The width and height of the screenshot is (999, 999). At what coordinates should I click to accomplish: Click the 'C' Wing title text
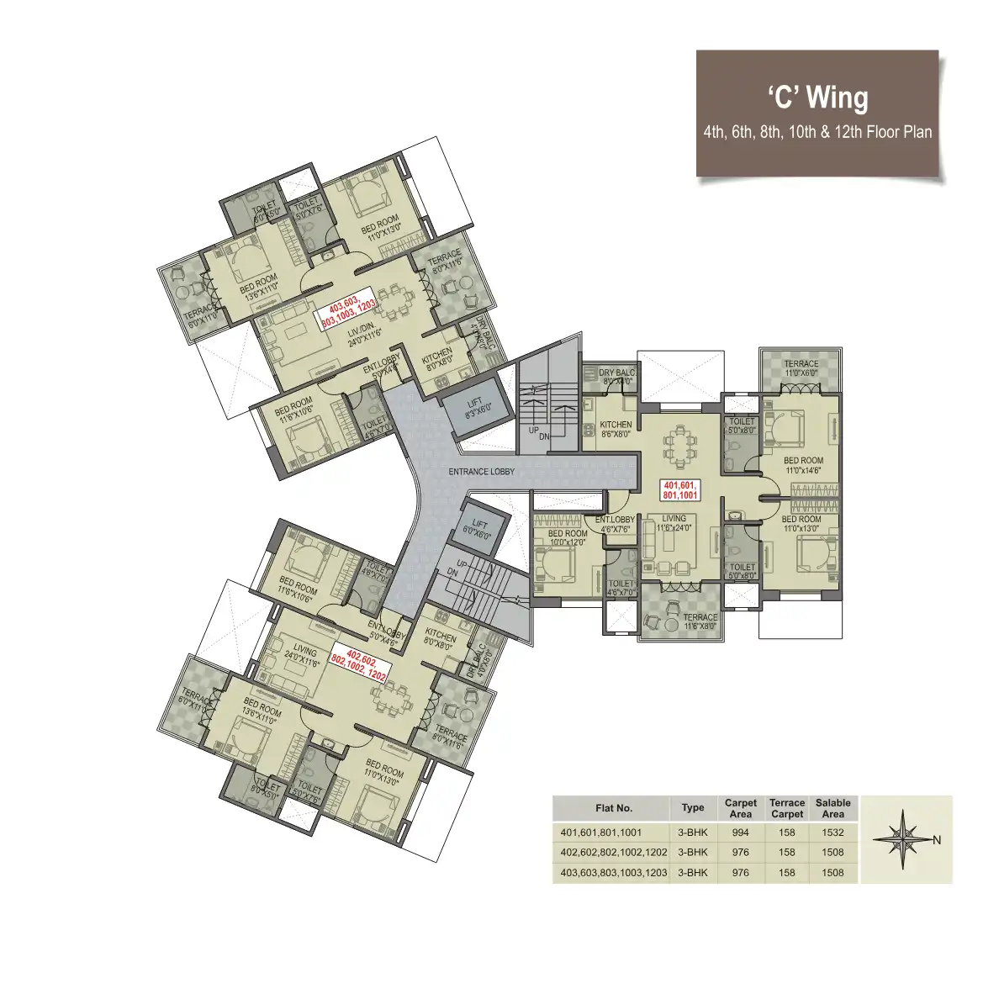click(817, 98)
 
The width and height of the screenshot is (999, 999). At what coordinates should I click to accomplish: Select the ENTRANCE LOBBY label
click(481, 472)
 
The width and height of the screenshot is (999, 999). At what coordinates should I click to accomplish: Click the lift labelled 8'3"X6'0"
click(475, 407)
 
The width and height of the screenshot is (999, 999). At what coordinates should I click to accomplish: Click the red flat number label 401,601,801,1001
click(680, 490)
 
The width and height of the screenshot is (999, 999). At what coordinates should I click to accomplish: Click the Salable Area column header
click(832, 808)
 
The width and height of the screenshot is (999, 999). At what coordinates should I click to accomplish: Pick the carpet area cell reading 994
click(740, 832)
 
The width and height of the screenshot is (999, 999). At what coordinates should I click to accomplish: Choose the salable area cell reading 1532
click(832, 832)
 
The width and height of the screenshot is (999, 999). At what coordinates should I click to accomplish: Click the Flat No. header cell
click(613, 808)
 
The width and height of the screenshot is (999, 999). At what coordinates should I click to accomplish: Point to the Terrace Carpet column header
click(787, 808)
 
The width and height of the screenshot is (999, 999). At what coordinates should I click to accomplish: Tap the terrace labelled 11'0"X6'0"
click(801, 367)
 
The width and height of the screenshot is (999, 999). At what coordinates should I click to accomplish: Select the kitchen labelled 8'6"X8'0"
click(616, 429)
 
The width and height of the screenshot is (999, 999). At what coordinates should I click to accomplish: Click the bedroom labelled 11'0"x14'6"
click(802, 465)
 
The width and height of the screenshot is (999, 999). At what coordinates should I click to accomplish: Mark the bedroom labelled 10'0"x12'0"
click(567, 538)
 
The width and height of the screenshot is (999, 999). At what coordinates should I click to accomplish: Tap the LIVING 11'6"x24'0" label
click(674, 523)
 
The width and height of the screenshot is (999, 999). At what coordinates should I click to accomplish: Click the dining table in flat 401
click(679, 446)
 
